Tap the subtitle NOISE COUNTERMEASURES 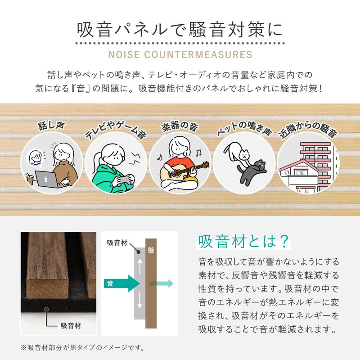180,55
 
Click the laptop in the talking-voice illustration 47,179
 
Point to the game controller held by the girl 122,179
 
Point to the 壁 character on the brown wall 151,250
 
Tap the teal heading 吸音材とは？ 243,242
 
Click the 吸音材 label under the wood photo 70,325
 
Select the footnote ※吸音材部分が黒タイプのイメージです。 82,347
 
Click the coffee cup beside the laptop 30,180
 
